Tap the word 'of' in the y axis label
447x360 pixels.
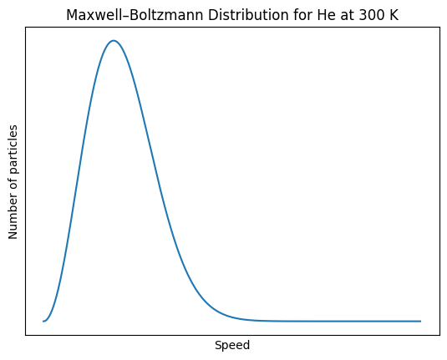[14, 185]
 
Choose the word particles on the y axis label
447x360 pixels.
[14, 151]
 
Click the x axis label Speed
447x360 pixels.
[232, 345]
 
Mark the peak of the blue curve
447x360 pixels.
[114, 40]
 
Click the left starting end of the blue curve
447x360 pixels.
[43, 321]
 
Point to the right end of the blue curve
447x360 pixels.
[420, 321]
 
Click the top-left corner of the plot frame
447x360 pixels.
[25, 27]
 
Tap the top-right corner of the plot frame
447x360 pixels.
[439, 27]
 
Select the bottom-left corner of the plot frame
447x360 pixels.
[25, 335]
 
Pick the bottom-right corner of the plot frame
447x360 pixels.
[439, 335]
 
